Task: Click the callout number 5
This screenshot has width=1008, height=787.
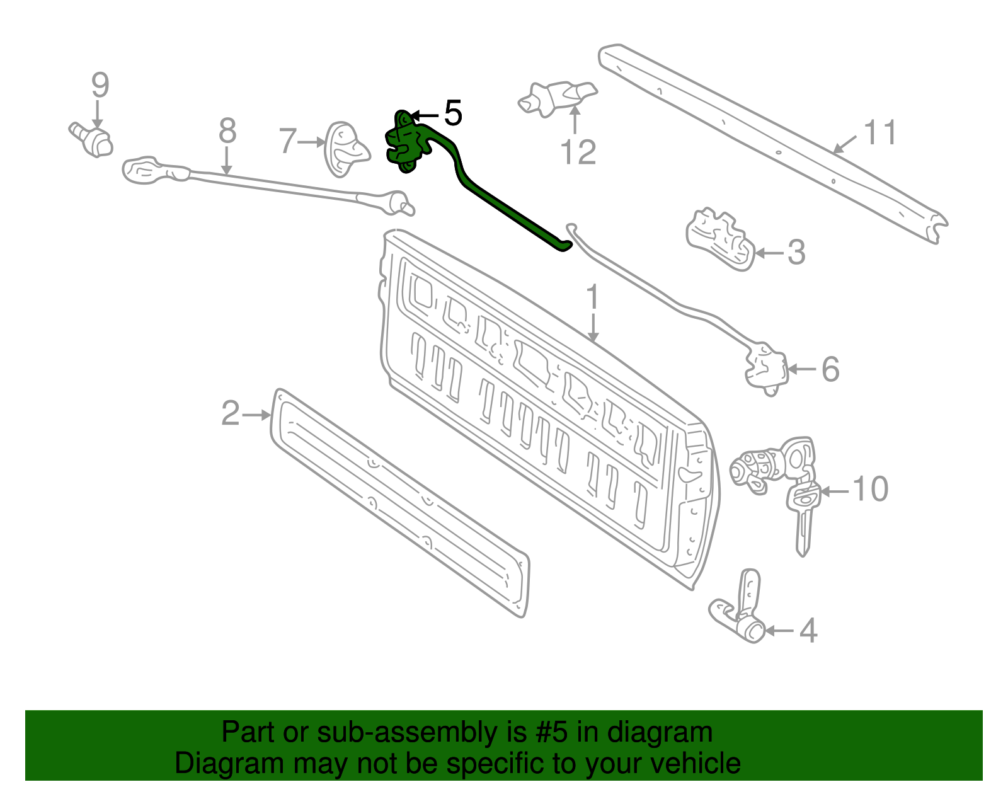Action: [x=453, y=113]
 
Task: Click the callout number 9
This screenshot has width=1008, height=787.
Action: [x=100, y=85]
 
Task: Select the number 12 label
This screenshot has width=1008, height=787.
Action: [x=578, y=152]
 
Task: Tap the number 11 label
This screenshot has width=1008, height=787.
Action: [x=879, y=133]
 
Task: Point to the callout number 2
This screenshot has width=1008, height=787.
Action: [x=231, y=414]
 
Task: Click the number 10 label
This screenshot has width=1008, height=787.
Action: [x=870, y=489]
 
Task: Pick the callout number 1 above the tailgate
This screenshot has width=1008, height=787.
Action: [x=592, y=297]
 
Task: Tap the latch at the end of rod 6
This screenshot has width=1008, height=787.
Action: [x=767, y=367]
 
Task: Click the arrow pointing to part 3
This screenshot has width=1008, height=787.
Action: [x=769, y=253]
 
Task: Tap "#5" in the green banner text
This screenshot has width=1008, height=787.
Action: [x=552, y=733]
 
